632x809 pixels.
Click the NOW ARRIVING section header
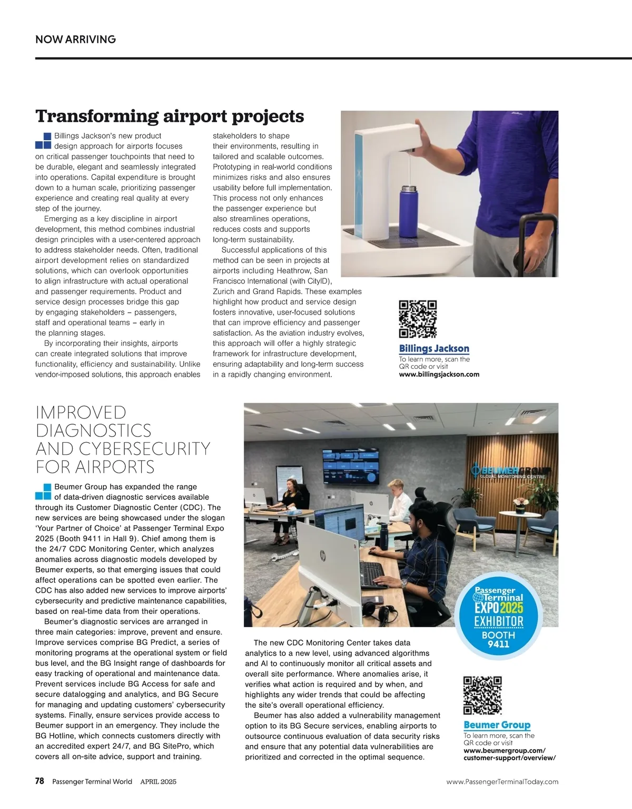point(75,40)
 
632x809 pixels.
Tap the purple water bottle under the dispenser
point(410,208)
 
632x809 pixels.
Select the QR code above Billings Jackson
point(418,319)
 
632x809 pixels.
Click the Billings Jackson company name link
point(434,348)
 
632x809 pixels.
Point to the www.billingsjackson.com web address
point(439,374)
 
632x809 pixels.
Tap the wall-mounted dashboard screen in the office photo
point(350,467)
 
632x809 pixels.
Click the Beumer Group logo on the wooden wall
point(509,470)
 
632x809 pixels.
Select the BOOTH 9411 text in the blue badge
point(498,639)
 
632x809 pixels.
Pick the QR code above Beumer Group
point(482,695)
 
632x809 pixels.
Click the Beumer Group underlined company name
point(497,725)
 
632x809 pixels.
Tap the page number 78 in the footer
point(40,781)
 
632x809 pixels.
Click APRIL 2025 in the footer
point(158,782)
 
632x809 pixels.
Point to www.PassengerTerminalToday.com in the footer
point(502,782)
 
